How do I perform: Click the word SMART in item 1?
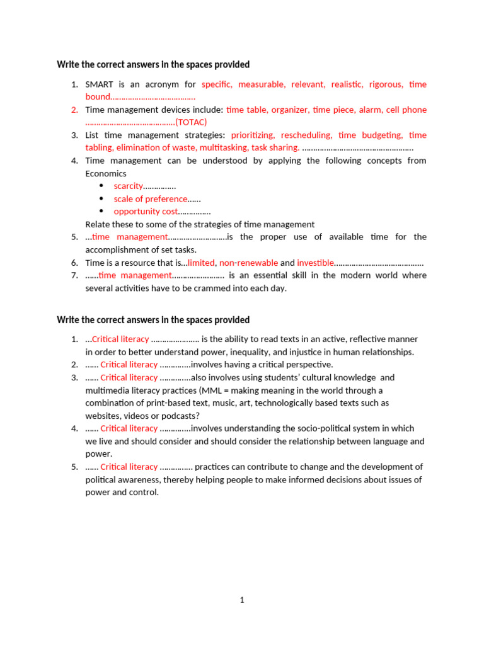coord(100,84)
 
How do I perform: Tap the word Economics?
coord(106,173)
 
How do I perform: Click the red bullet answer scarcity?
coord(128,186)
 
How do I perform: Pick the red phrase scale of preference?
coord(151,199)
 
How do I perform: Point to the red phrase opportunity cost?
coord(146,212)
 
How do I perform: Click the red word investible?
coord(315,263)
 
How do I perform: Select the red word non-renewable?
coord(248,263)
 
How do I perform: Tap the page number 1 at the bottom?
coord(242,600)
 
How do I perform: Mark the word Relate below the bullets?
coord(98,224)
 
